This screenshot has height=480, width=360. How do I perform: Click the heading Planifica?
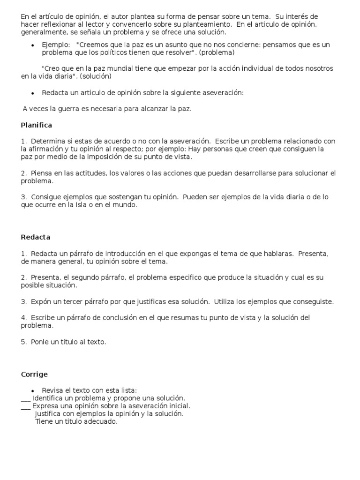[x=36, y=125]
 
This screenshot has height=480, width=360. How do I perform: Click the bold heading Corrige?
[x=34, y=374]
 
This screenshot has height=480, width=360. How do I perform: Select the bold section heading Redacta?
[x=35, y=237]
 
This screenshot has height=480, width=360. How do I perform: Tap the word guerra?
[x=68, y=109]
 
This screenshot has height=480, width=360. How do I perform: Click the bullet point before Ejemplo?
[x=32, y=45]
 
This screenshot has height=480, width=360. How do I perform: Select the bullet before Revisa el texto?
[x=32, y=390]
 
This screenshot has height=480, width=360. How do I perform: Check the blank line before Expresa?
[x=26, y=406]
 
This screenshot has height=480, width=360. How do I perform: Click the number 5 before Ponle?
[x=23, y=342]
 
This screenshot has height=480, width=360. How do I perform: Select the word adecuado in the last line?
[x=100, y=421]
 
